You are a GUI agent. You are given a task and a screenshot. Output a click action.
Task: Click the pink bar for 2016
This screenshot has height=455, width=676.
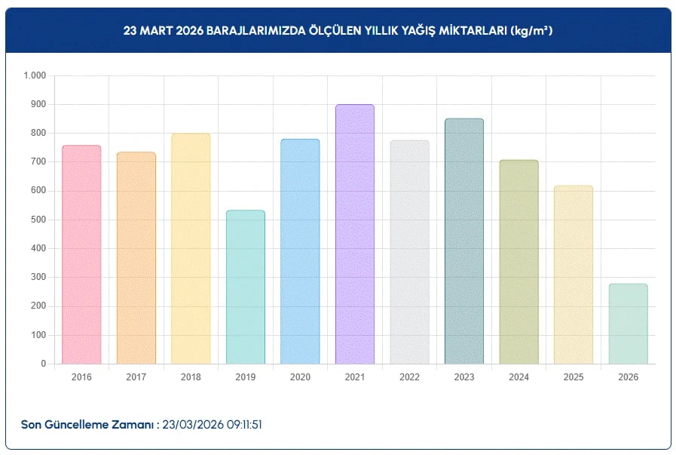(81, 254)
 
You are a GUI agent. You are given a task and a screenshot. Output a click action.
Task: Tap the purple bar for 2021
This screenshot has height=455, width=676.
(355, 234)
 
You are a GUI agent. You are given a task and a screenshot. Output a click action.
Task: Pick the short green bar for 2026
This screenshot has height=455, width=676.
(628, 324)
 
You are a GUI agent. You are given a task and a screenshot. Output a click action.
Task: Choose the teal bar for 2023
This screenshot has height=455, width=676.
(464, 241)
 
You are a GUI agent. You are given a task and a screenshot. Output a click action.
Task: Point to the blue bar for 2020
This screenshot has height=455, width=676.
(300, 251)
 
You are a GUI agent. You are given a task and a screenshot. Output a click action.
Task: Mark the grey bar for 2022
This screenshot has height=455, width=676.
(409, 252)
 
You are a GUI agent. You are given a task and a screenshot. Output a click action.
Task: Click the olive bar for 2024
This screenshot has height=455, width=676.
(518, 262)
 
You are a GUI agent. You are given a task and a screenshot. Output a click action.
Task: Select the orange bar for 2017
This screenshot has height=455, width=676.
(136, 258)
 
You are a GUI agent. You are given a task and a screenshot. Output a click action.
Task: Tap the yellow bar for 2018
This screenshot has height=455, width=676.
(191, 249)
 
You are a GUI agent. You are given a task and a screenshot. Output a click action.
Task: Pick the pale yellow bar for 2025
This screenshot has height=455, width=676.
(574, 275)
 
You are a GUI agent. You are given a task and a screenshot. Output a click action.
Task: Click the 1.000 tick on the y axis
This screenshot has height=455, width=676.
(35, 75)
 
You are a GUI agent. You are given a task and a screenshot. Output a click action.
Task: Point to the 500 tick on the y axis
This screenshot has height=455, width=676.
(38, 220)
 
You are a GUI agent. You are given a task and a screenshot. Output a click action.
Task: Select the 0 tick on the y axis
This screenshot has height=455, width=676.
(44, 364)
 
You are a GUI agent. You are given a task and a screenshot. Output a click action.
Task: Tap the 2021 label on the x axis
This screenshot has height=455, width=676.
(355, 377)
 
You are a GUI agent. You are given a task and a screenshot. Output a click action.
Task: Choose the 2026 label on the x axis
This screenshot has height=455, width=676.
(628, 377)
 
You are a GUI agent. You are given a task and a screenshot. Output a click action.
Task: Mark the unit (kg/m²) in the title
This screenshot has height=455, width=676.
(532, 31)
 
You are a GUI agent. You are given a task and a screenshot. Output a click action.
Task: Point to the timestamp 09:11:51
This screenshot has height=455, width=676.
(240, 425)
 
